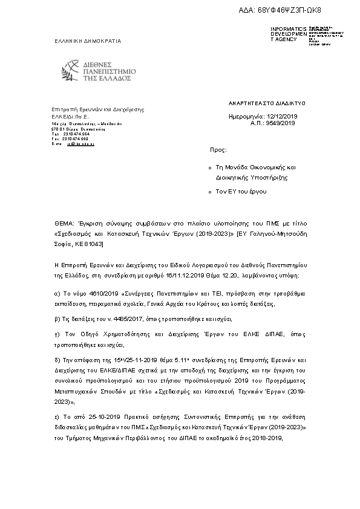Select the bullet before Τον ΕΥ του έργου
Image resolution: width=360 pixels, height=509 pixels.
[x=209, y=192]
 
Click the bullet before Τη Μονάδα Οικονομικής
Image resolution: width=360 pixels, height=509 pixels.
[x=209, y=166]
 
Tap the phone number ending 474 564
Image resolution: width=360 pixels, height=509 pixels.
[x=76, y=134]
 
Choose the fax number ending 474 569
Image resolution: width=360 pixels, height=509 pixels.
[x=76, y=138]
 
